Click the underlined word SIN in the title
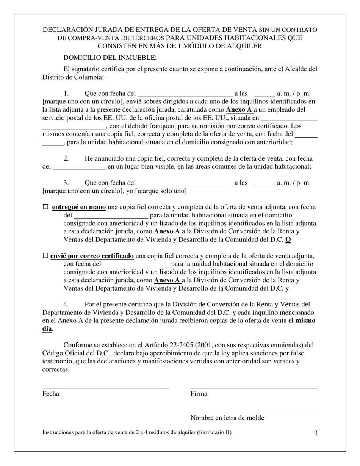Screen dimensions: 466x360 coord(264,30)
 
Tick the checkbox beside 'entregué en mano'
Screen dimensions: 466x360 coord(45,207)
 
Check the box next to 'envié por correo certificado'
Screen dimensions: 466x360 coord(45,256)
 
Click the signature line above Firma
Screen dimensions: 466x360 coord(254,388)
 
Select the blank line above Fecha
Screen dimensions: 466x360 coord(106,388)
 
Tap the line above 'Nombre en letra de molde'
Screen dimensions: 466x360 coord(254,413)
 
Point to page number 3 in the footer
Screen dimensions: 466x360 coord(316,433)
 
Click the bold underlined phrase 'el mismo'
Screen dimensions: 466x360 coord(302,321)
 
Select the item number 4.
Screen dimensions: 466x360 coord(66,304)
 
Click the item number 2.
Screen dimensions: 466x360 coord(66,158)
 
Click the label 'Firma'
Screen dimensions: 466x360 coord(199,394)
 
